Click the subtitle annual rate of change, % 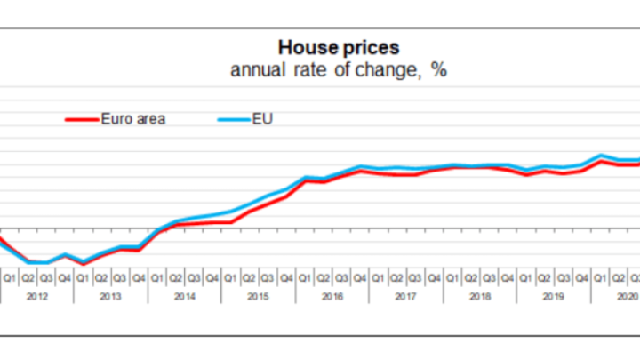(338, 70)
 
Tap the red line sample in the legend (83, 118)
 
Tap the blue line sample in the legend (232, 118)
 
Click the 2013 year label (110, 295)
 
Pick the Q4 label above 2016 (360, 277)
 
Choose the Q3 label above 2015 (268, 277)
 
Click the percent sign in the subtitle (438, 70)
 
